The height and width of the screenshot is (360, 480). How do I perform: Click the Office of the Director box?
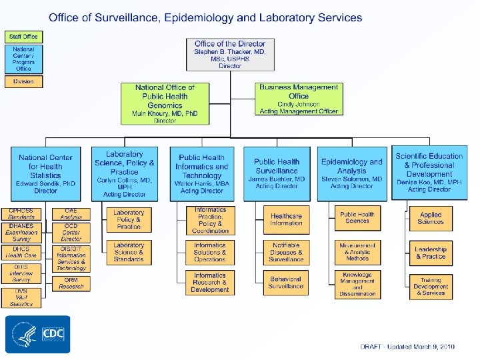(231, 55)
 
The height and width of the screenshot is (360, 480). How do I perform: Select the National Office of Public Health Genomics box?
(165, 104)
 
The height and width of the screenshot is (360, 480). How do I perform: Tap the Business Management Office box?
(299, 99)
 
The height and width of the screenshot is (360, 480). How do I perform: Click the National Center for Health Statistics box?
(46, 174)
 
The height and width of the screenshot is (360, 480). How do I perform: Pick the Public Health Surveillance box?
(277, 174)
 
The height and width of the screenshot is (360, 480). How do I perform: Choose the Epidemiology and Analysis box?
(351, 174)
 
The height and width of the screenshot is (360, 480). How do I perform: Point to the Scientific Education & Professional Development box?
(429, 172)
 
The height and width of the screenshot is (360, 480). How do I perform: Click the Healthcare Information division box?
(286, 219)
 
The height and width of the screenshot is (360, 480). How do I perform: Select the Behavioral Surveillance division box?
(286, 282)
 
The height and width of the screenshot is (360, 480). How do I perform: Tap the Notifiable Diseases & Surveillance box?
(286, 251)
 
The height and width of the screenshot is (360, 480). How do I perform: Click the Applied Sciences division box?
(431, 218)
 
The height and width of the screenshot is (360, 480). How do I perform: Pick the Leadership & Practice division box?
(431, 253)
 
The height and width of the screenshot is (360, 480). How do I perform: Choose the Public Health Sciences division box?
(357, 217)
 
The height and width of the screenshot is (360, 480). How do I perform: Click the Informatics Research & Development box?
(210, 282)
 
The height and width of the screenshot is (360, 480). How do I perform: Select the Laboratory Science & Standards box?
(129, 251)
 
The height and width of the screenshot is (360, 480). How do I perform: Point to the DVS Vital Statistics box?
(21, 297)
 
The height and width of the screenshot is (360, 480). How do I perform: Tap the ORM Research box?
(71, 283)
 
